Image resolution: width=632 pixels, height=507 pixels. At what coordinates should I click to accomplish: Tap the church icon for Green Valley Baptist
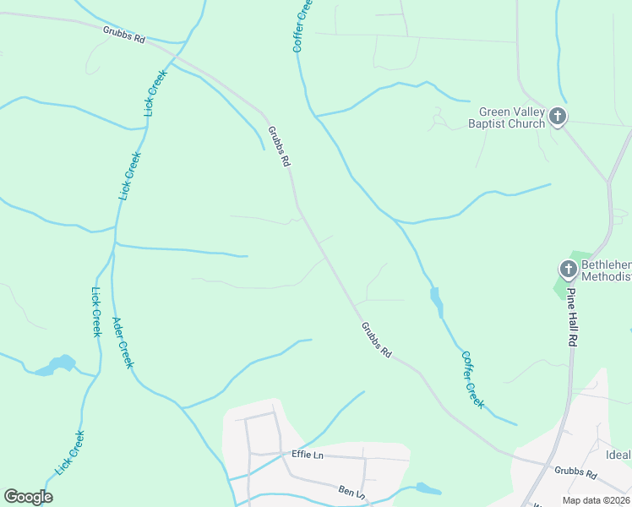[558, 117]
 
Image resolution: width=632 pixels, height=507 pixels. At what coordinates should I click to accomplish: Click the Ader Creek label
[123, 341]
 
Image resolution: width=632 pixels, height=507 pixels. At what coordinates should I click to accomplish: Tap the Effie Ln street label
[308, 455]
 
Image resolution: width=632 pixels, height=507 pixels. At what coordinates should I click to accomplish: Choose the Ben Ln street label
[351, 492]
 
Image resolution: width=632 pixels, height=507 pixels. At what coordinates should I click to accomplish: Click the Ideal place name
[618, 455]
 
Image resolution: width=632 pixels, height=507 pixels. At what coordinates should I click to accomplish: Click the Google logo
[28, 497]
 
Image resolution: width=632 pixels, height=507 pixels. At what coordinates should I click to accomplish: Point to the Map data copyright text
[595, 500]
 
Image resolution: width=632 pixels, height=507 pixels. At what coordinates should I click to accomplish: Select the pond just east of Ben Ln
[428, 488]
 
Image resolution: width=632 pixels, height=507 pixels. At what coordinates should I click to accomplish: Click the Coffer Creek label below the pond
[473, 379]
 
